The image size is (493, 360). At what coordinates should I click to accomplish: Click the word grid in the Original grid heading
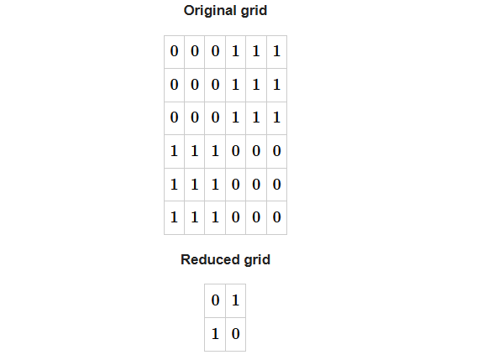pos(254,11)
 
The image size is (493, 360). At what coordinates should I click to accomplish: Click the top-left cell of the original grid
pos(174,52)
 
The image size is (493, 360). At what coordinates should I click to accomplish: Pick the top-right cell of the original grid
pos(276,52)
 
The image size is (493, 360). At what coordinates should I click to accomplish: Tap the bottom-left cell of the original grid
pos(174,217)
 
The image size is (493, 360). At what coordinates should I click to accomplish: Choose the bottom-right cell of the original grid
pos(276,217)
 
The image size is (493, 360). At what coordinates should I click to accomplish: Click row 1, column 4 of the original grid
pos(235,52)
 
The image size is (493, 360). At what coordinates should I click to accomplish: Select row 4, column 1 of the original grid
pos(174,151)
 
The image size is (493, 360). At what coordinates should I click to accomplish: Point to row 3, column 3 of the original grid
pos(215,118)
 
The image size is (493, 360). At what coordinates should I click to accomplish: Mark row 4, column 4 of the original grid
pos(235,151)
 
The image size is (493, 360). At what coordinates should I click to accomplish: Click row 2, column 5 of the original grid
pos(256,85)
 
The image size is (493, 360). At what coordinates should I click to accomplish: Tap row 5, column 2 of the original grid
pos(195,185)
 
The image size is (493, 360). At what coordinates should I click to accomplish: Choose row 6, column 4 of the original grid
pos(235,217)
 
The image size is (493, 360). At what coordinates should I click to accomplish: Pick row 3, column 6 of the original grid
pos(276,118)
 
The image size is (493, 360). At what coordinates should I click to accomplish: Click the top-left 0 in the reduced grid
pos(215,300)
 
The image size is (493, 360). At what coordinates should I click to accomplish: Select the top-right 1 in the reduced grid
pos(235,300)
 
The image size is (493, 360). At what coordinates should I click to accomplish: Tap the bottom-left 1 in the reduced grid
pos(215,334)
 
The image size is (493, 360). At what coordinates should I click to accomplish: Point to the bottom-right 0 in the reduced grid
pos(235,334)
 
